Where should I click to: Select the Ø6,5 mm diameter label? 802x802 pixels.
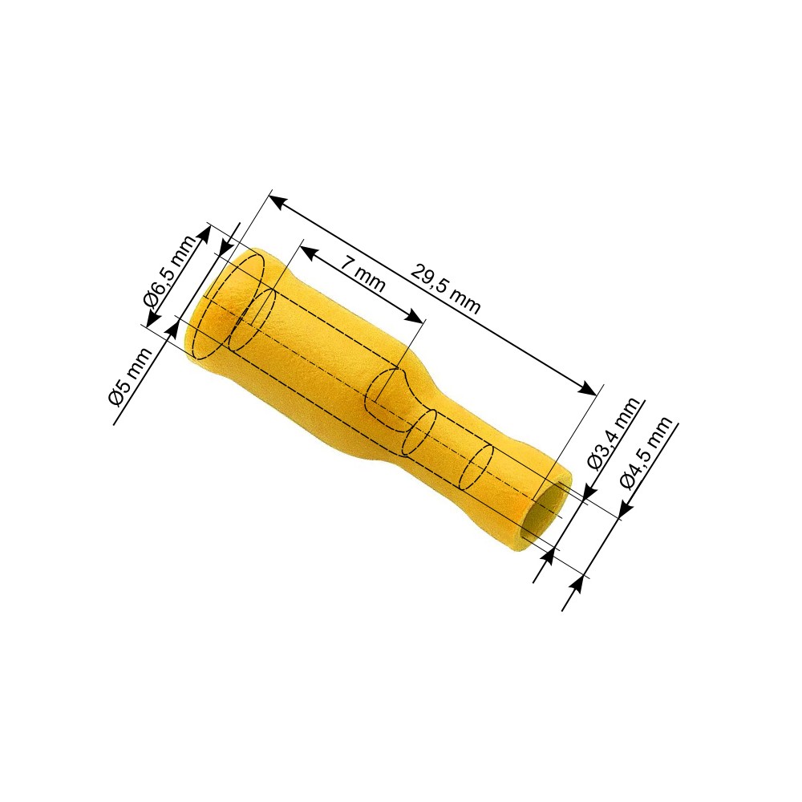[168, 271]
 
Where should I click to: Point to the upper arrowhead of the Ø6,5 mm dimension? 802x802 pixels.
[205, 233]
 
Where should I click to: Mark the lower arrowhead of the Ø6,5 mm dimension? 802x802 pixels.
[152, 321]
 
